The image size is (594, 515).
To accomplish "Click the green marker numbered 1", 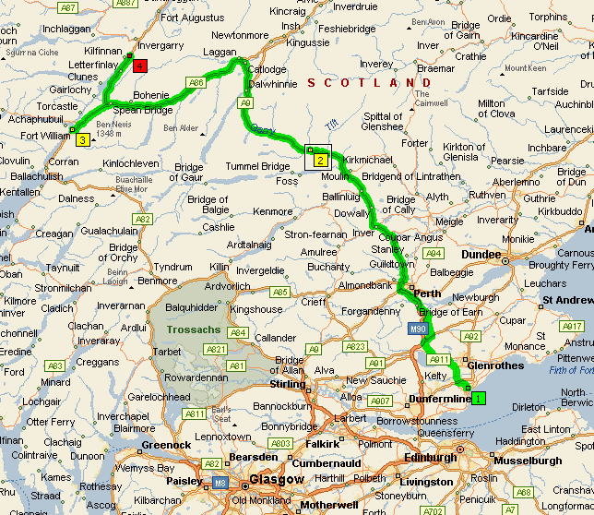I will (x=478, y=398).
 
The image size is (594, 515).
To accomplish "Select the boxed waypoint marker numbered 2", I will (x=320, y=160).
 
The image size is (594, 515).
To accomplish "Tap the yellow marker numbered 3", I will (x=82, y=139).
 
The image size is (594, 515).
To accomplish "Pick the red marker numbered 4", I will (x=139, y=66).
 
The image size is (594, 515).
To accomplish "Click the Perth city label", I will (x=428, y=294).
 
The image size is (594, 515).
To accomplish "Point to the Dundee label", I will (x=481, y=255).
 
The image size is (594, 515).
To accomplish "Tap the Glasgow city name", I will (x=277, y=480).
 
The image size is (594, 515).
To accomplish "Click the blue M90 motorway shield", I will (x=417, y=328).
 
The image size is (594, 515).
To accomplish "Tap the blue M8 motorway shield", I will (x=220, y=481).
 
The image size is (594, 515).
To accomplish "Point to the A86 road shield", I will (x=196, y=83).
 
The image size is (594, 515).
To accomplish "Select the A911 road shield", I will (x=439, y=360).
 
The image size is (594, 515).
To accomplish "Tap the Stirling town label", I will (x=287, y=384).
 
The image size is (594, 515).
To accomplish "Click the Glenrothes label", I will (x=496, y=365).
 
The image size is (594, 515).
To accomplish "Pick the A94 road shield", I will (x=434, y=252).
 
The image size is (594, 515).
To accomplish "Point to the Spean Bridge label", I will (x=143, y=110).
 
